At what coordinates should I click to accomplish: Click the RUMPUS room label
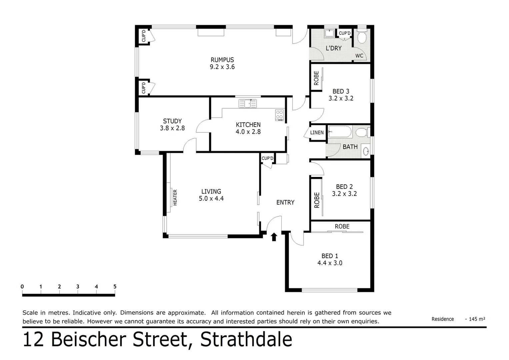tap(222, 60)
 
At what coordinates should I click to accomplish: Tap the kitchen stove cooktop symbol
tap(279, 115)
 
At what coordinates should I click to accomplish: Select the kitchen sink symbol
tap(248, 104)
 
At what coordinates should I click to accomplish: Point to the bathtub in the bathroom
tap(340, 132)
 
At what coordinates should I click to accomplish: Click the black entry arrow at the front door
tap(274, 237)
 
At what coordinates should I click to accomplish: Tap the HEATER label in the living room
tap(175, 197)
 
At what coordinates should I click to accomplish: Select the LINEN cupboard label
tap(317, 133)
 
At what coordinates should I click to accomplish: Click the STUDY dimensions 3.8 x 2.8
tap(172, 128)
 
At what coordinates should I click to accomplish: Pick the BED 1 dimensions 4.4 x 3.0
tap(330, 263)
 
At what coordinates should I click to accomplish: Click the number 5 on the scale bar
tap(115, 287)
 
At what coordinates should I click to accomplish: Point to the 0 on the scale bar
tap(22, 287)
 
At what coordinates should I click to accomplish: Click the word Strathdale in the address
tap(246, 340)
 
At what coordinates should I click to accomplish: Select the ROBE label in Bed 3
tap(316, 78)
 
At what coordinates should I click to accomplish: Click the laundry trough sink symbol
tap(330, 33)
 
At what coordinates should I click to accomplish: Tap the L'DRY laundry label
tap(333, 48)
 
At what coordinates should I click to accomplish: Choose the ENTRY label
tap(285, 202)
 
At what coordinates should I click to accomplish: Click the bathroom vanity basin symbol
tap(366, 151)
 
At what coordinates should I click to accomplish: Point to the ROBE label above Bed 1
tap(342, 227)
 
